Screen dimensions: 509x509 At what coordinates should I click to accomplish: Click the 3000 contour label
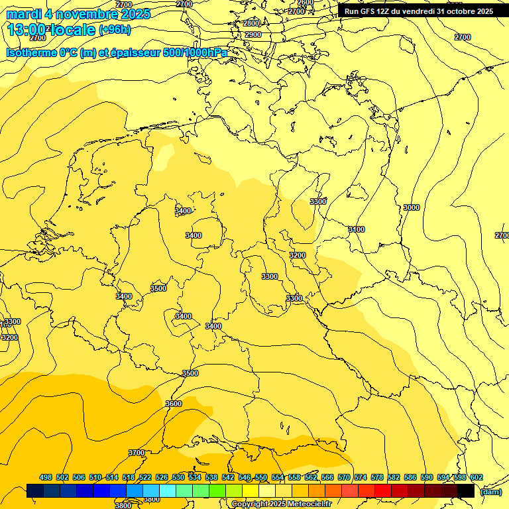click(x=411, y=207)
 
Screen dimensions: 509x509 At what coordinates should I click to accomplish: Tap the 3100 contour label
click(x=356, y=229)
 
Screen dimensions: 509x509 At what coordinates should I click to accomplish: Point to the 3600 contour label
click(x=173, y=404)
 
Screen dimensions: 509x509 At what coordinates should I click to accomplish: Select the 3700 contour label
click(x=136, y=453)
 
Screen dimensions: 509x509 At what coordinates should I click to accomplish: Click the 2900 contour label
click(x=253, y=34)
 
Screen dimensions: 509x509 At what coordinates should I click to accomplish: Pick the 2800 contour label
click(x=251, y=23)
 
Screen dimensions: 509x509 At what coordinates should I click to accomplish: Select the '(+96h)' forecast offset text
click(x=115, y=30)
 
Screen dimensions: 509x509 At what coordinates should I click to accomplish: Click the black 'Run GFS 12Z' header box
click(x=418, y=11)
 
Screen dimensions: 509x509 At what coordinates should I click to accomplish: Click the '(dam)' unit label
click(x=490, y=491)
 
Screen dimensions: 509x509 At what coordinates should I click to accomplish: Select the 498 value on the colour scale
click(x=46, y=477)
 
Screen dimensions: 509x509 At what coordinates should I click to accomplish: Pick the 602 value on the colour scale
click(x=476, y=477)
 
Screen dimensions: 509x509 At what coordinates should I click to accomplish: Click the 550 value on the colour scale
click(x=260, y=477)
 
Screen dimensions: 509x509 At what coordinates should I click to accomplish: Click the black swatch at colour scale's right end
click(x=466, y=491)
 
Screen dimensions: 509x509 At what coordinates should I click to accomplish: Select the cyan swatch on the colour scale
click(x=168, y=491)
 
